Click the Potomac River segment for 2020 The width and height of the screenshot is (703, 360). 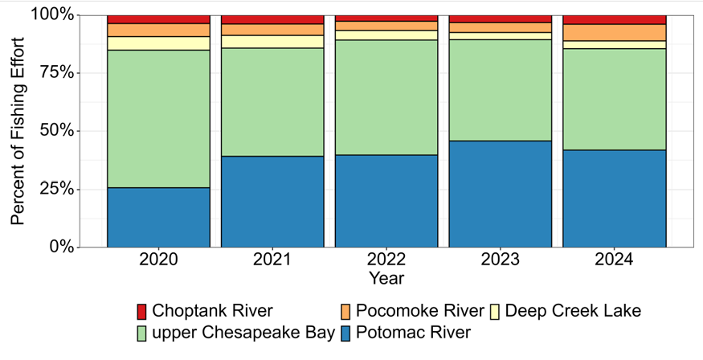(158, 217)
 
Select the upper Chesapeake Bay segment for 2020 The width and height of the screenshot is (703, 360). (158, 119)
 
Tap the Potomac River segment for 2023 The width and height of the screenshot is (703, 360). (501, 194)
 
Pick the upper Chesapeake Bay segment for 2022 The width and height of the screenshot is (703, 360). (386, 97)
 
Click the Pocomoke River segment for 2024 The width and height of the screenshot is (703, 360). (615, 32)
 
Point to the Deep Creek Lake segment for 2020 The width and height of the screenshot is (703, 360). (158, 43)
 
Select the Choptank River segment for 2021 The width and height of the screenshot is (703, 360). (272, 19)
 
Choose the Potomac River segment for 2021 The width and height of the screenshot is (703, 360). (272, 201)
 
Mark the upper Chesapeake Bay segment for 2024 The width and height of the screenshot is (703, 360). (615, 100)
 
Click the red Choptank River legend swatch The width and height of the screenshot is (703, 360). (142, 311)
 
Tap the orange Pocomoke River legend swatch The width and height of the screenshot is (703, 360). (345, 311)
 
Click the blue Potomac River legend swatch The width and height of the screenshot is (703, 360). (345, 332)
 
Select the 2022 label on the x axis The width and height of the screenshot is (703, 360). (386, 260)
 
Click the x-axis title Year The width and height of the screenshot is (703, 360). (386, 278)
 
